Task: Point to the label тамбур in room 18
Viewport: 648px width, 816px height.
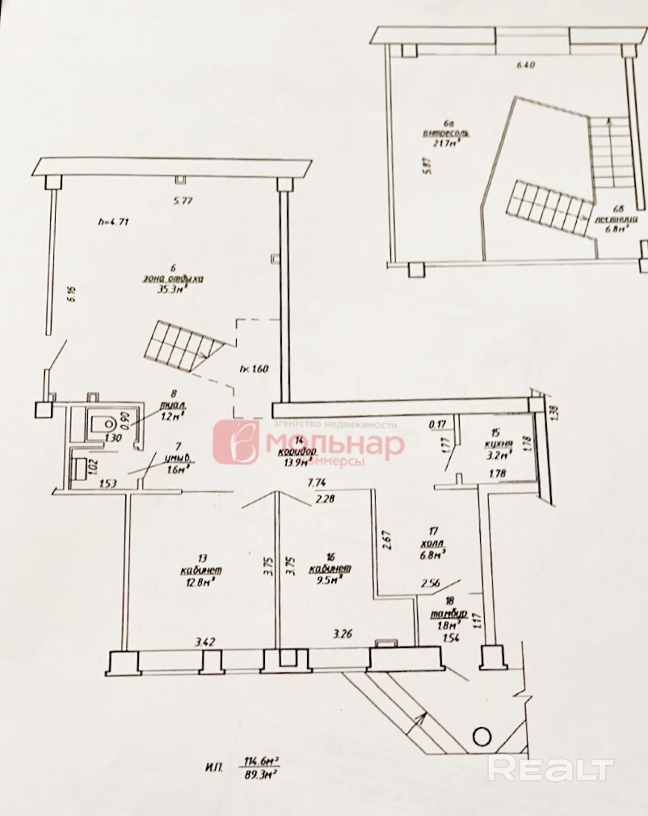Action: (448, 612)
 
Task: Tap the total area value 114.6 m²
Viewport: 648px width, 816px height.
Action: (260, 759)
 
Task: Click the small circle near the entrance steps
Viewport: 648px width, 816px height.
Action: (481, 736)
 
